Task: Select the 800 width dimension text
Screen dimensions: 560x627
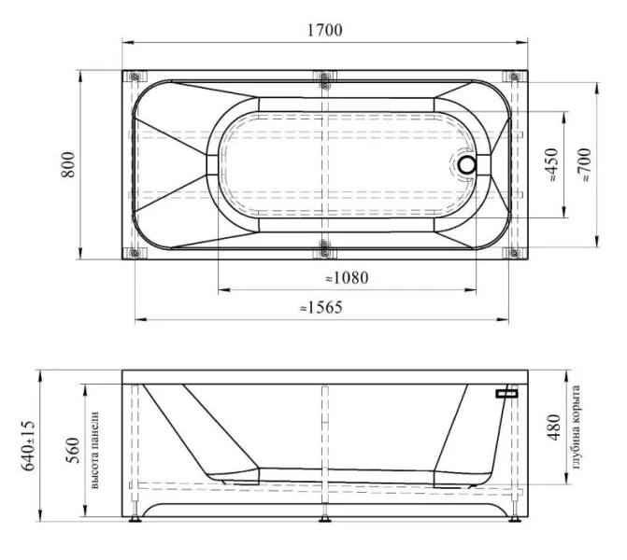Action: tap(68, 165)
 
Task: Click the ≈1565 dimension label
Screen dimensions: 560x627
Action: tap(321, 307)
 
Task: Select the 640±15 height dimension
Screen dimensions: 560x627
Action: tap(29, 444)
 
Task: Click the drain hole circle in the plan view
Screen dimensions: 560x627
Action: tap(467, 165)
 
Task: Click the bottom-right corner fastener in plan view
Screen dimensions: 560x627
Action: tap(513, 252)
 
